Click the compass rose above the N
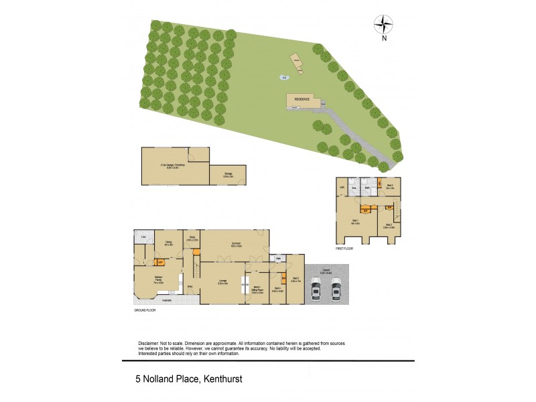pyautogui.click(x=384, y=25)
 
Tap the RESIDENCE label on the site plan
pyautogui.click(x=301, y=99)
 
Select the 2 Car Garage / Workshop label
pyautogui.click(x=163, y=165)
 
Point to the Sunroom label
pyautogui.click(x=235, y=244)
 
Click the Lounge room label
pyautogui.click(x=223, y=282)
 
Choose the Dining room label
pyautogui.click(x=169, y=243)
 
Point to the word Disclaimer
pyautogui.click(x=149, y=343)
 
